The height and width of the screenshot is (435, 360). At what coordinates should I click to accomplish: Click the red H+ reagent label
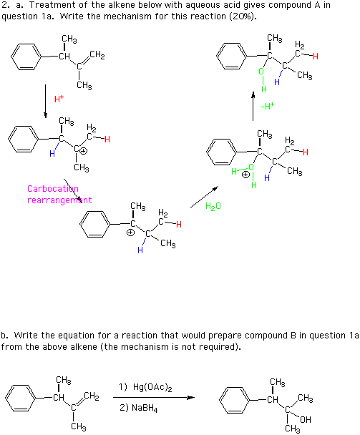(x=59, y=99)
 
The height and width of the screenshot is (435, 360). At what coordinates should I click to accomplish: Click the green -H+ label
(x=268, y=106)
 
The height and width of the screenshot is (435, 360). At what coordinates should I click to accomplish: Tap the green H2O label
(x=213, y=206)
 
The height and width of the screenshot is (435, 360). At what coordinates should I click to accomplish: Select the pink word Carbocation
(x=53, y=189)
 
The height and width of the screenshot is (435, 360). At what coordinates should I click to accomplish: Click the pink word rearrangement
(x=59, y=200)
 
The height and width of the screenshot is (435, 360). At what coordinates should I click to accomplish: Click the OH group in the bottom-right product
(x=306, y=419)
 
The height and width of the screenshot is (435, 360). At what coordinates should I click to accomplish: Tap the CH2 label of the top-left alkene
(x=97, y=55)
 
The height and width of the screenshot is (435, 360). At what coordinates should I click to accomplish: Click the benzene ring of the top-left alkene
(x=26, y=57)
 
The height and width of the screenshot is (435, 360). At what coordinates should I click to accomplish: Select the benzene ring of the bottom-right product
(x=234, y=400)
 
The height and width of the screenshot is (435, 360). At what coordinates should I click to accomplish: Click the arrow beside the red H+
(x=46, y=102)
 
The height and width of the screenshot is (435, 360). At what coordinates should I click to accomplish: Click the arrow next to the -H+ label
(x=253, y=107)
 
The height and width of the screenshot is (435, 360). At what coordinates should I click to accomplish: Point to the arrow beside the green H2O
(x=204, y=197)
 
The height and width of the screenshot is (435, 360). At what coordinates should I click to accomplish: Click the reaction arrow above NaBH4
(x=154, y=398)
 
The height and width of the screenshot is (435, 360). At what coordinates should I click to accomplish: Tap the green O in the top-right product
(x=261, y=72)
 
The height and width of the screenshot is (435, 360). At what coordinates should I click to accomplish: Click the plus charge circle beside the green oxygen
(x=245, y=175)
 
